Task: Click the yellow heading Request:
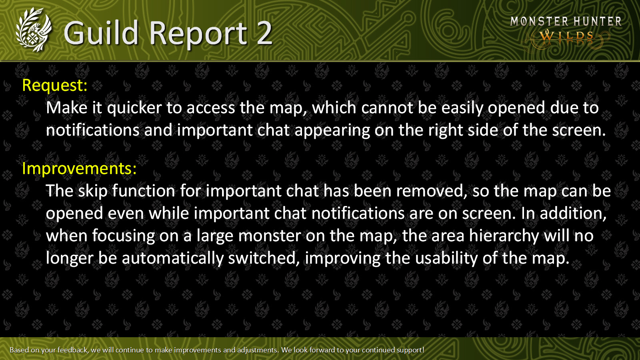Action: coord(55,86)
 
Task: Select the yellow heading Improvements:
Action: coord(80,168)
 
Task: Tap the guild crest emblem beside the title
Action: coord(34,30)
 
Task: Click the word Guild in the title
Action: coord(101,34)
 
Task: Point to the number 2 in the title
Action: coord(264,34)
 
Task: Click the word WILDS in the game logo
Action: coord(566,36)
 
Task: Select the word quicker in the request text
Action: coord(134,108)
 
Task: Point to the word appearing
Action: coord(332,131)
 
